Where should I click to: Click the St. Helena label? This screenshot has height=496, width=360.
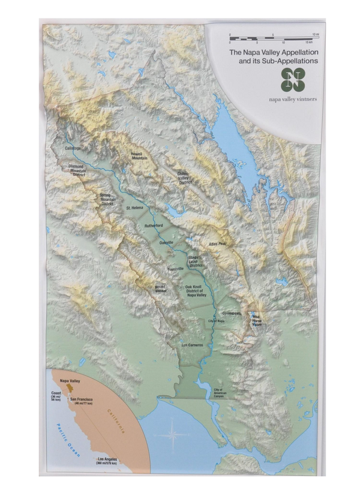point(135,208)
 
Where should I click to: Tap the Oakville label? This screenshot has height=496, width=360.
point(166,242)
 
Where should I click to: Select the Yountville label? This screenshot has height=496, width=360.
point(176,269)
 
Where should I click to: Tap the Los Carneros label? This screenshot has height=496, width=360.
point(192,345)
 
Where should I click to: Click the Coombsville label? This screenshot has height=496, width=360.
point(231,313)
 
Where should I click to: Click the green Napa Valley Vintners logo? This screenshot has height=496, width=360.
point(293,80)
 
